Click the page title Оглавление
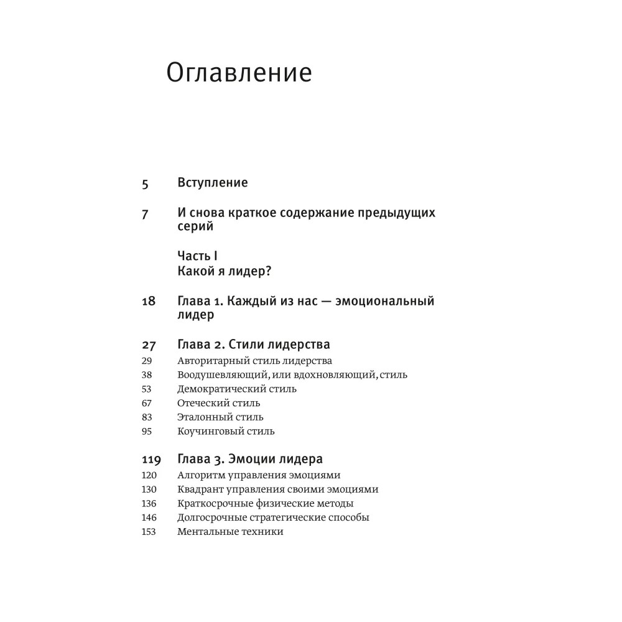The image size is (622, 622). [239, 73]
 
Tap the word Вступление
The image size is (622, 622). [213, 183]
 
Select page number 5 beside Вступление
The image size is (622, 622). [146, 183]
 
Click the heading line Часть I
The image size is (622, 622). [197, 256]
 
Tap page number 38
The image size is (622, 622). [147, 375]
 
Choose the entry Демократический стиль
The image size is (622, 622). [237, 389]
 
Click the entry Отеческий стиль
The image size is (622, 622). [218, 403]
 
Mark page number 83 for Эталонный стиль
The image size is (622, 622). [147, 417]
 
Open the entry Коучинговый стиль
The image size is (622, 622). [226, 431]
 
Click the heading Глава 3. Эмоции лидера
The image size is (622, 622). [250, 460]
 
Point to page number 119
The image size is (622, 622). [151, 460]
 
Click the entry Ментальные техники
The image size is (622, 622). [230, 532]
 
